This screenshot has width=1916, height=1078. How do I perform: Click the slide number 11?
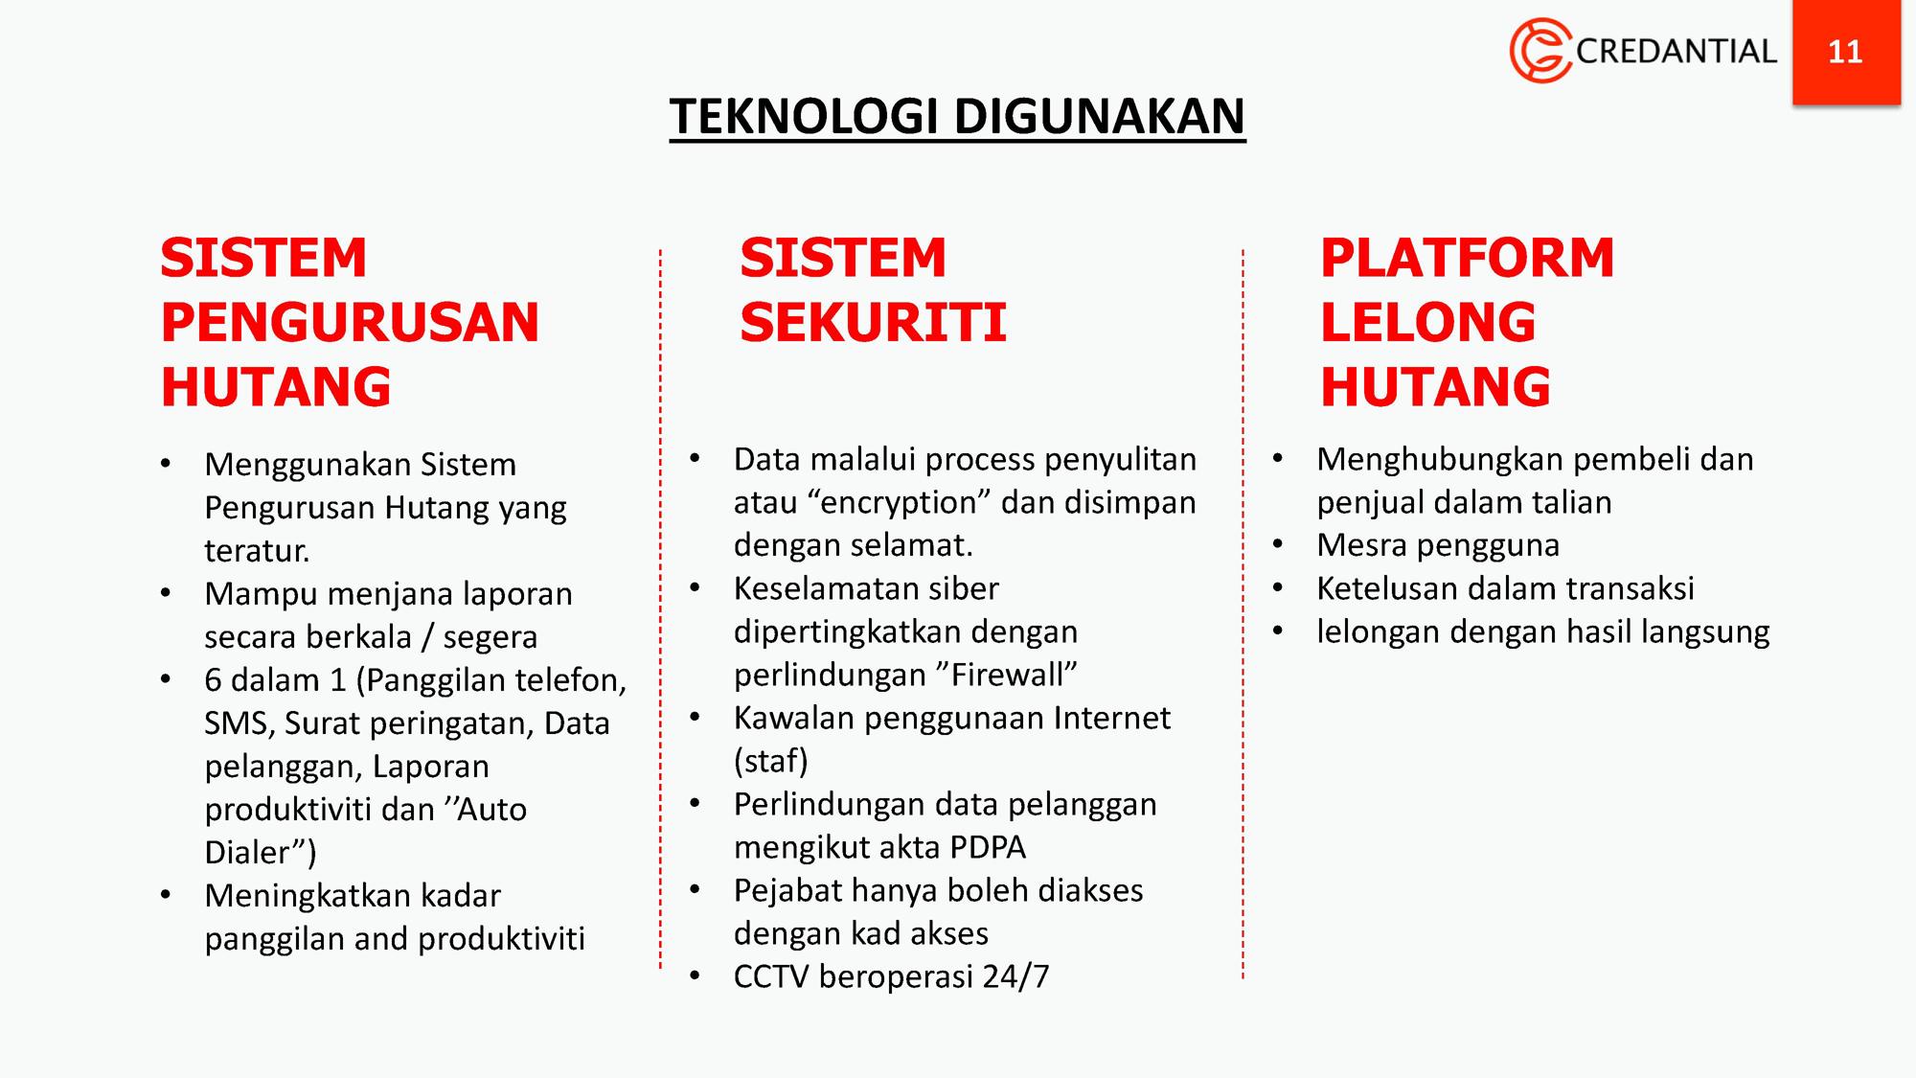click(1845, 51)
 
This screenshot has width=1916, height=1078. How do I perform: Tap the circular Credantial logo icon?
click(1540, 50)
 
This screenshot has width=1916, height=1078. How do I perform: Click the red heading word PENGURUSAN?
click(350, 322)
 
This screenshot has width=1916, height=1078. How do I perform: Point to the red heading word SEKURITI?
click(873, 322)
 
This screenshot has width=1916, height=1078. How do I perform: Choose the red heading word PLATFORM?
click(1467, 258)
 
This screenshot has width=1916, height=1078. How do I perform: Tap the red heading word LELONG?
click(1427, 322)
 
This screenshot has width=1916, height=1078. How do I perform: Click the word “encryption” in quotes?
click(899, 502)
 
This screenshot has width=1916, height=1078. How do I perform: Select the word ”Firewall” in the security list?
click(1001, 675)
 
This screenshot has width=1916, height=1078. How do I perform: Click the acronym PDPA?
click(988, 847)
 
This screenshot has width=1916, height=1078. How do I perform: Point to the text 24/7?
click(1015, 976)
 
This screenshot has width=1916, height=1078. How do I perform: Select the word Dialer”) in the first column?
click(260, 852)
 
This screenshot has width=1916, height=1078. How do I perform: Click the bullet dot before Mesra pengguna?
click(1277, 545)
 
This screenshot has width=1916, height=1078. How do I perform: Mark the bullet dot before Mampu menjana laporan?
click(166, 594)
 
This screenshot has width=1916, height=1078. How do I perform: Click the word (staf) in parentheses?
click(771, 761)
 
